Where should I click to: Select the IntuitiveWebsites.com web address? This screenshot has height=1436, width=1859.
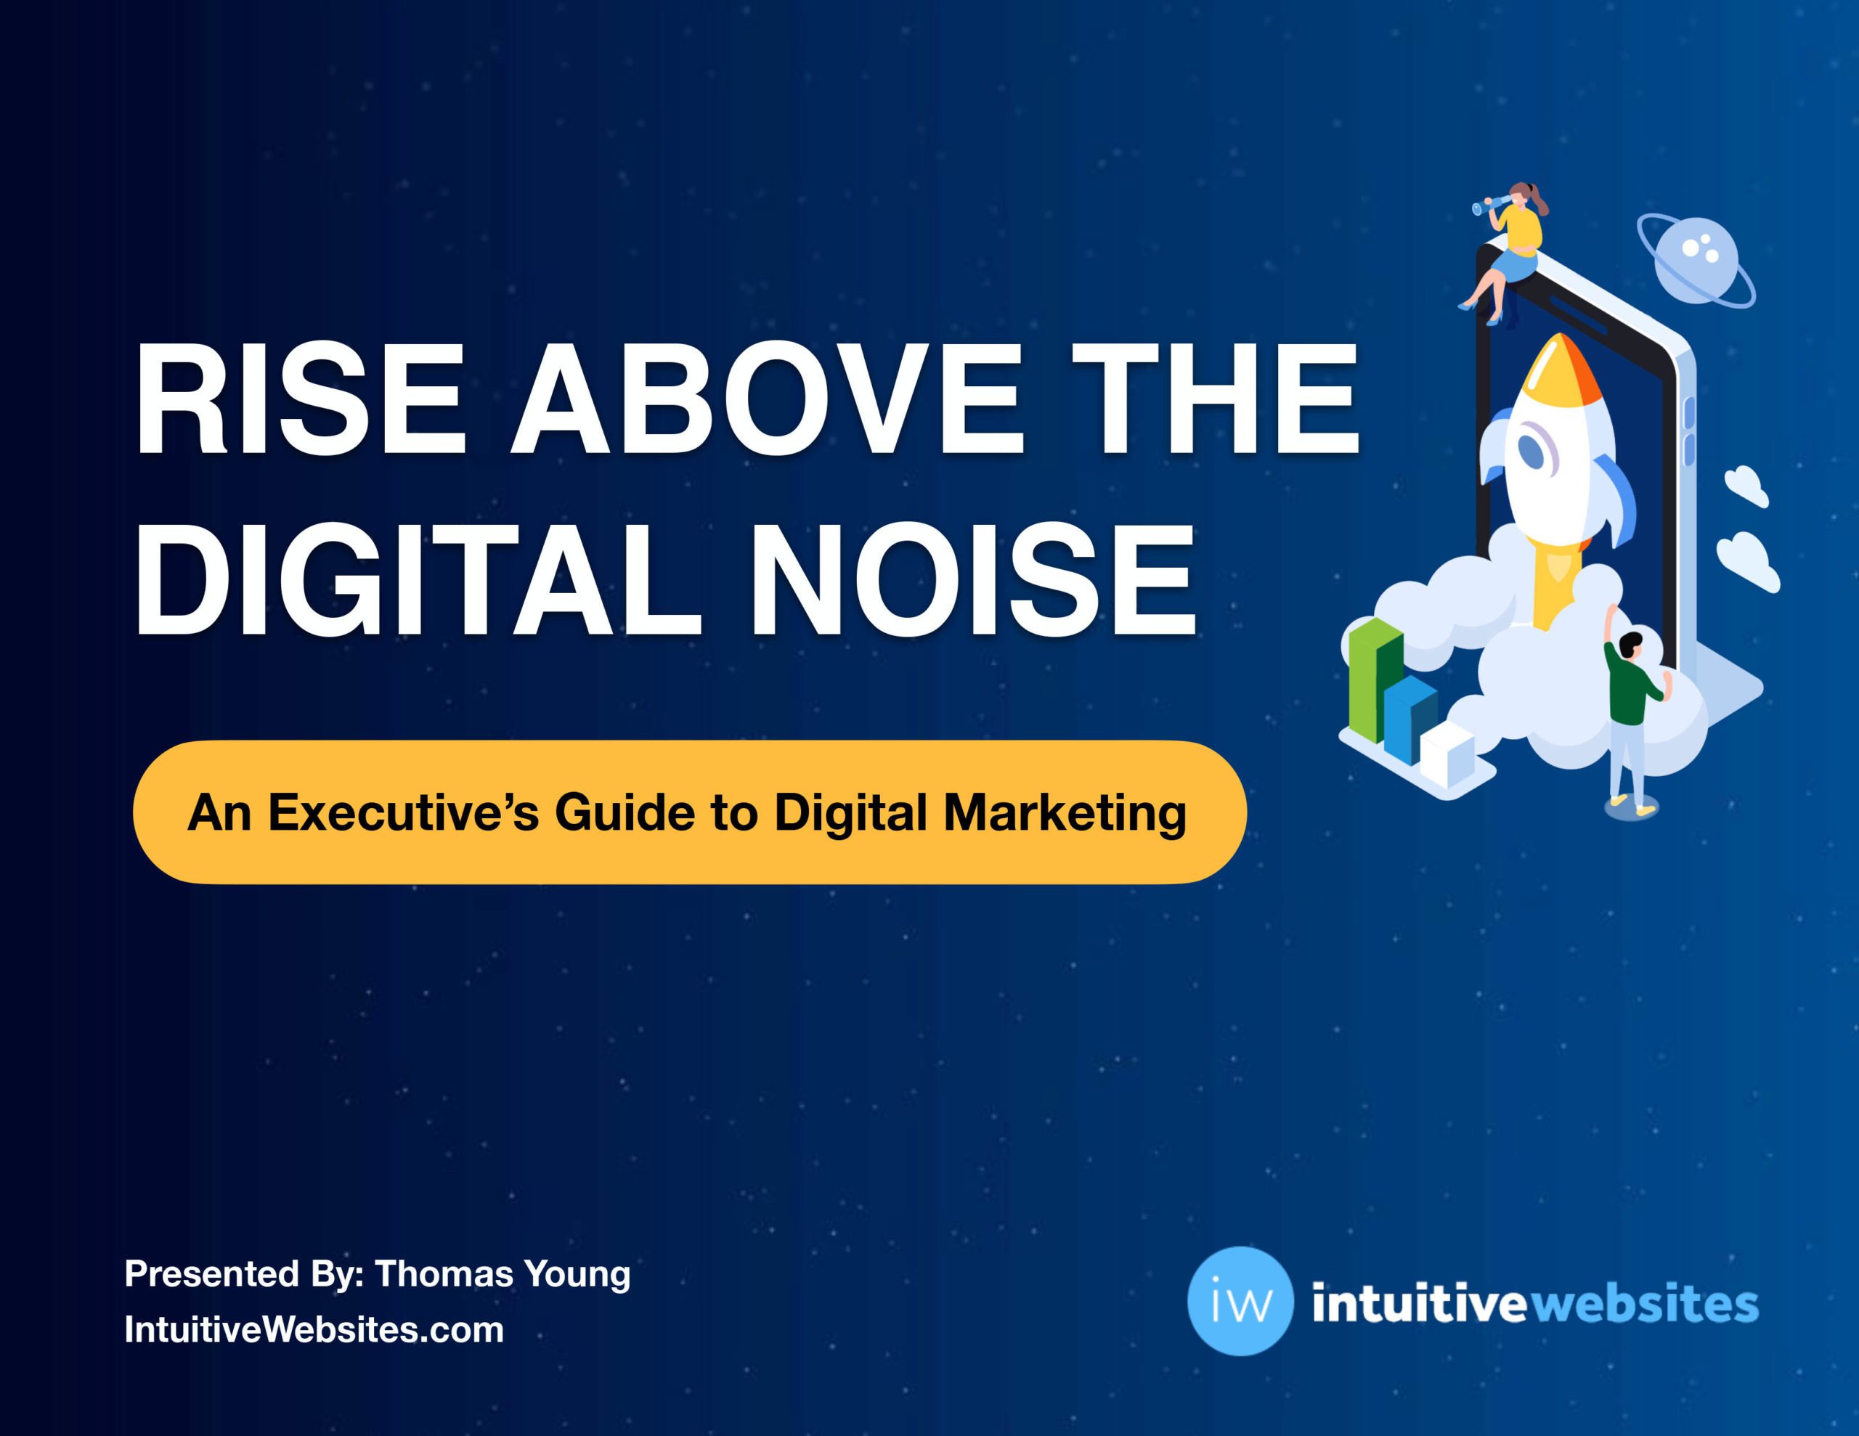[314, 1329]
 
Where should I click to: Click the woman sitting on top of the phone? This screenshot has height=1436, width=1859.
[1507, 252]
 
